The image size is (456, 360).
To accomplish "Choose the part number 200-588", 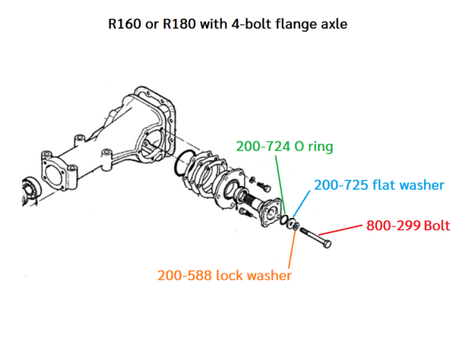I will tap(185, 276).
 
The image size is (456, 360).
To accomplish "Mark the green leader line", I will tap(280, 186).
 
